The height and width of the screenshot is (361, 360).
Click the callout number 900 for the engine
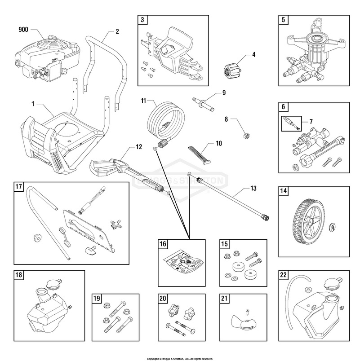(x=23, y=30)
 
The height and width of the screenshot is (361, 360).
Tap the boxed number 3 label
(x=142, y=20)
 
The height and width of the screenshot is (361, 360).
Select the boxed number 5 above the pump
(x=283, y=20)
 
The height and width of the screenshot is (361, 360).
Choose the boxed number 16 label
(x=163, y=244)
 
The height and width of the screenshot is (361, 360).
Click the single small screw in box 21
(x=246, y=310)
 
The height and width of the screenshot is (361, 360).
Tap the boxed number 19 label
(x=97, y=299)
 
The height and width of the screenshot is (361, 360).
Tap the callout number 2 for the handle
(x=117, y=31)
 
